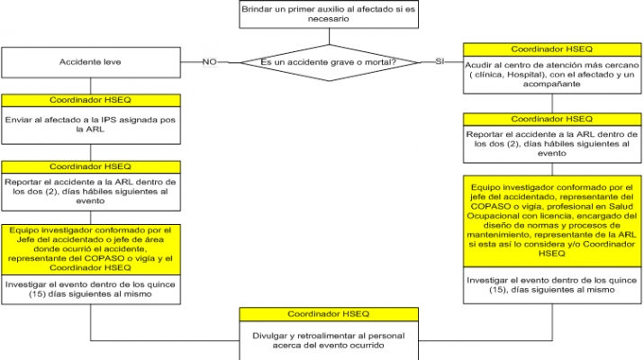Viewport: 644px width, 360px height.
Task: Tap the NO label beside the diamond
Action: (x=209, y=62)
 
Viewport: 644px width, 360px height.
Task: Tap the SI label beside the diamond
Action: (x=440, y=62)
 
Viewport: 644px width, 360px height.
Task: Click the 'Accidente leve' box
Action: (x=92, y=62)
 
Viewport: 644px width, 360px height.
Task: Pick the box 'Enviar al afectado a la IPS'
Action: (x=92, y=124)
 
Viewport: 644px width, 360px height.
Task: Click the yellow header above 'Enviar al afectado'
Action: (x=92, y=101)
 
